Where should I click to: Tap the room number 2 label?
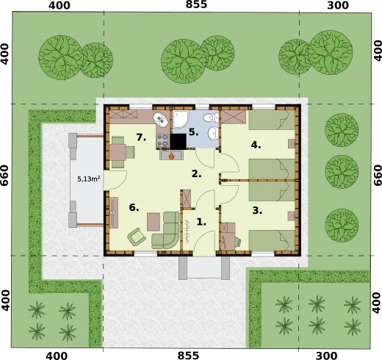195,174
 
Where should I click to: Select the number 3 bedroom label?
256,210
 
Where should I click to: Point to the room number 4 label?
256,145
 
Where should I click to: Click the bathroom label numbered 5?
192,133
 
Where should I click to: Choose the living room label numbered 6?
134,208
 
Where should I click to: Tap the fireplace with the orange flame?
173,155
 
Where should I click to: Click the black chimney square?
177,140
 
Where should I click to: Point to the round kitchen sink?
159,120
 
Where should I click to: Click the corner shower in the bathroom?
181,120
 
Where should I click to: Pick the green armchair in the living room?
137,236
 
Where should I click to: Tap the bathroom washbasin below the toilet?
212,134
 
